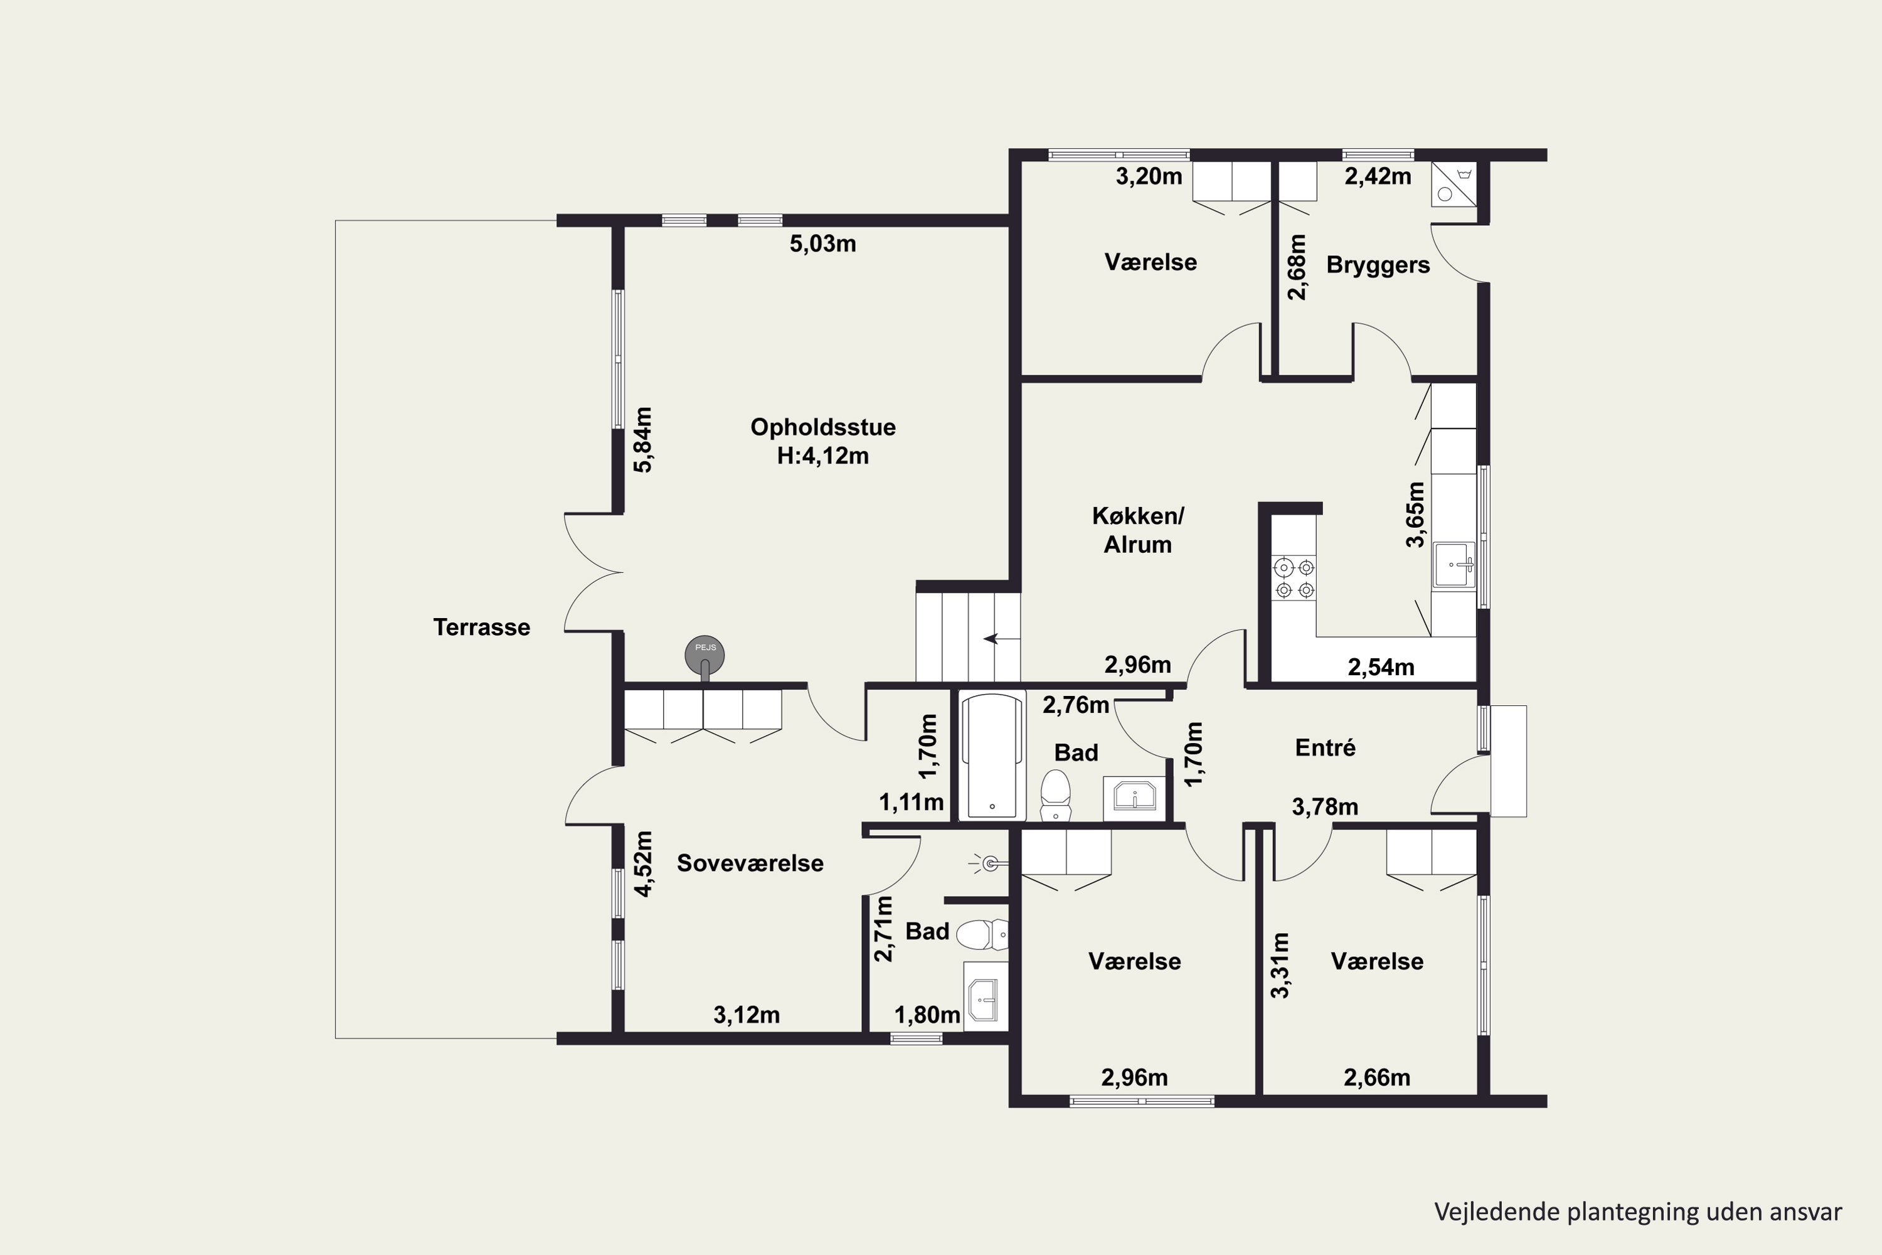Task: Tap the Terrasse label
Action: tap(482, 627)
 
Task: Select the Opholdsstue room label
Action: tap(822, 427)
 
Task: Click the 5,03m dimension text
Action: tap(822, 243)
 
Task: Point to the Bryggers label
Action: tap(1378, 265)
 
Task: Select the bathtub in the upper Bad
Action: tap(992, 756)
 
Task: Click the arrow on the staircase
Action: tap(1002, 639)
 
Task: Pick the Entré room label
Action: tap(1325, 747)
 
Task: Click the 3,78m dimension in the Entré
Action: tap(1325, 807)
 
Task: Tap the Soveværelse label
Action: tap(750, 863)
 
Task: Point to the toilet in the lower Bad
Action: tap(982, 934)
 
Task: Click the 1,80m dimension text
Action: tap(927, 1015)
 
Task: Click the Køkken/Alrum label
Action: tap(1138, 530)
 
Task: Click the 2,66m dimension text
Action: tap(1377, 1077)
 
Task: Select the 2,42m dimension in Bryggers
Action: tap(1378, 176)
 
